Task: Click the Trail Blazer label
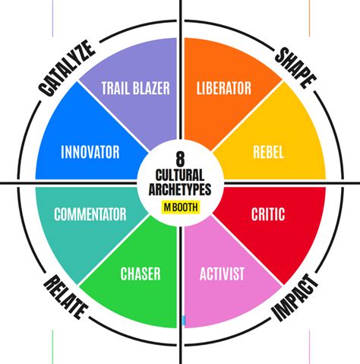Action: coord(136,88)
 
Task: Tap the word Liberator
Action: coord(224,88)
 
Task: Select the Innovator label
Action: coord(90,152)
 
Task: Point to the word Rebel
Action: coord(268,152)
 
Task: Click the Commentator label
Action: coord(90,214)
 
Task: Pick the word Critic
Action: coord(268,214)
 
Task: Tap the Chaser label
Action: coord(141,274)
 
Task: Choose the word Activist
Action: coord(222,274)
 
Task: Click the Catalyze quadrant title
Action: coord(67,68)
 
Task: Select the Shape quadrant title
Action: coord(295,68)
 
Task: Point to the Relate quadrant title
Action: coord(66,297)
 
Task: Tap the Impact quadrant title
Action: coord(295,298)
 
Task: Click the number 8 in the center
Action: coord(180,159)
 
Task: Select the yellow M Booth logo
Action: coord(181,207)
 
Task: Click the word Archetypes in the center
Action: coord(180,189)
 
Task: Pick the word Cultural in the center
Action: coord(180,175)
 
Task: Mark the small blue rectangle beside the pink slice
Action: coord(184,321)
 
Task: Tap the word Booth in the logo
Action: coord(185,207)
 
